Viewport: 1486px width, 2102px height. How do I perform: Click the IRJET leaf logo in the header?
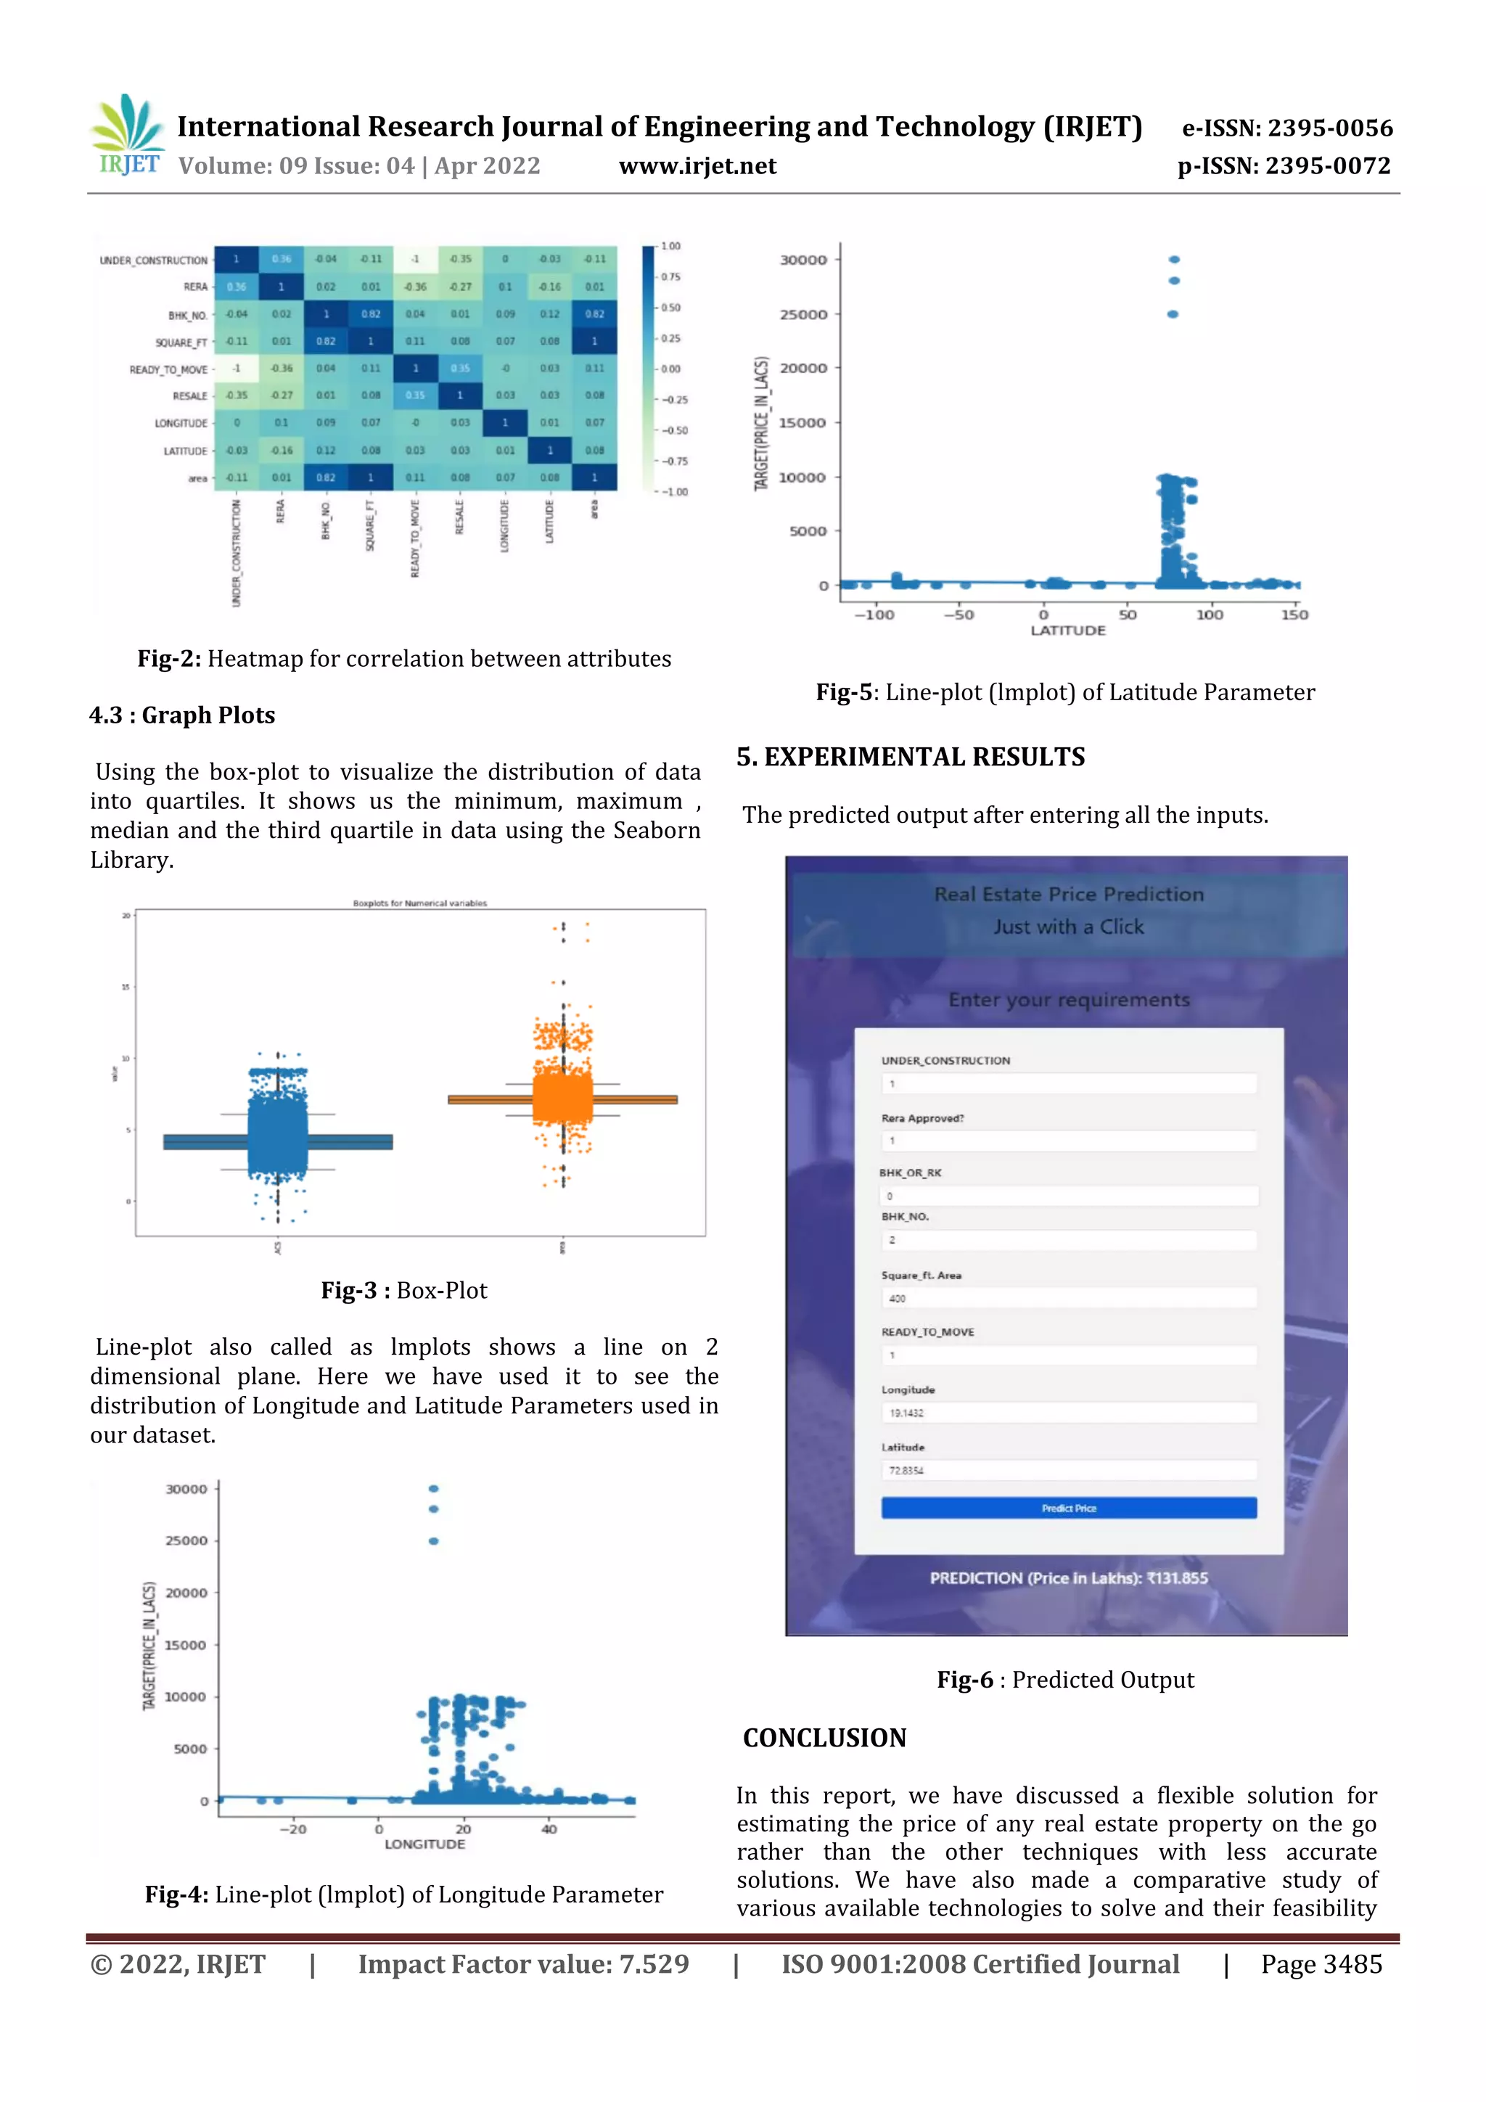(x=128, y=134)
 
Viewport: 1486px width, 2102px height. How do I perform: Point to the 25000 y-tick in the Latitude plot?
(x=803, y=314)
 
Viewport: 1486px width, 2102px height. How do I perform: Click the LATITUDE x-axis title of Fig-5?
(x=1067, y=630)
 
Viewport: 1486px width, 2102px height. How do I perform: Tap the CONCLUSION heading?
(x=824, y=1738)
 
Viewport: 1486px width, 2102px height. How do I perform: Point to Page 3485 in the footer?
(x=1321, y=1965)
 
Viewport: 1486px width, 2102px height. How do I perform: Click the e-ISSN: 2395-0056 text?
(x=1286, y=128)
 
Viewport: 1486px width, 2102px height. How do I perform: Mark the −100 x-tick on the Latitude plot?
(x=874, y=615)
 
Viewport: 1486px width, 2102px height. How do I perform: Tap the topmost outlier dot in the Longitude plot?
(x=433, y=1489)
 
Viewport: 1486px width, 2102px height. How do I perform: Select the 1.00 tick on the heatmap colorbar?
(x=670, y=246)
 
